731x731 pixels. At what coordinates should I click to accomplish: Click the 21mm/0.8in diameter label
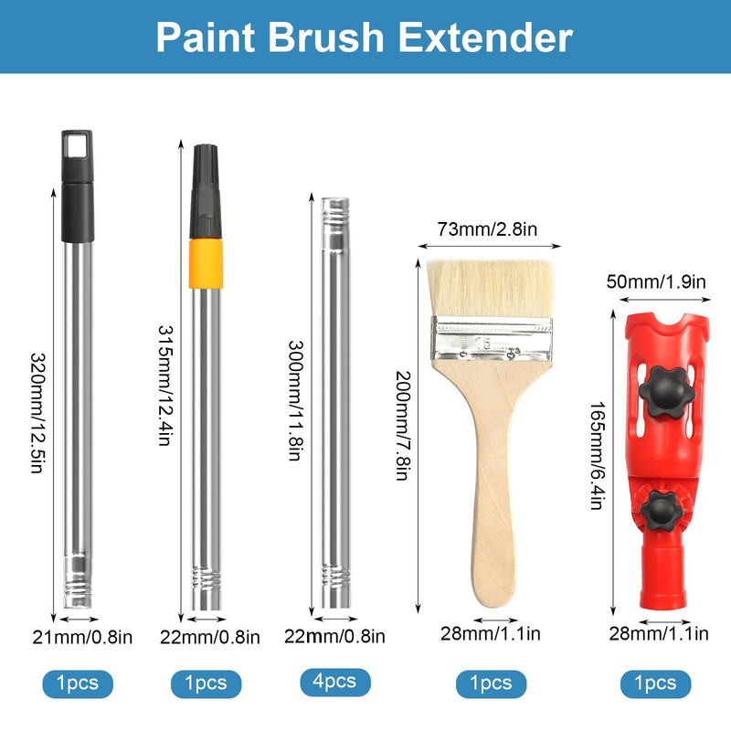(85, 637)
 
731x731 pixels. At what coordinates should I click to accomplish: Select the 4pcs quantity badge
(334, 682)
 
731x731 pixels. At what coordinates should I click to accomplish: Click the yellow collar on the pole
(206, 251)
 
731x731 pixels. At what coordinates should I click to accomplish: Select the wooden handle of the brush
(493, 493)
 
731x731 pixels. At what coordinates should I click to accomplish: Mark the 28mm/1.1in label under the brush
(492, 632)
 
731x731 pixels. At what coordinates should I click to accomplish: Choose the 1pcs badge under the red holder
(655, 683)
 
